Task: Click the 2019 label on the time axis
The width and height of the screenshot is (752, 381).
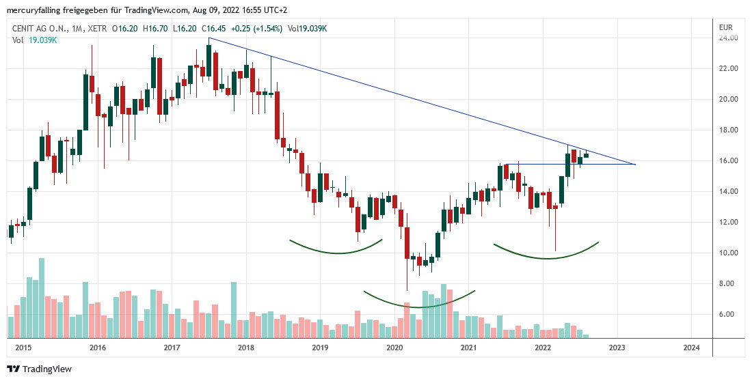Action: click(x=321, y=348)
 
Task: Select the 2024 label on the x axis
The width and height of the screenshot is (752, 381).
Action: click(x=691, y=348)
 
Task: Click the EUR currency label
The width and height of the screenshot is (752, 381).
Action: click(x=726, y=27)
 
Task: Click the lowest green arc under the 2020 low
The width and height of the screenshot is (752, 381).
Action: click(x=418, y=307)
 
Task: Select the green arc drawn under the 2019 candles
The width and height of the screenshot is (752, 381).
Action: click(x=338, y=253)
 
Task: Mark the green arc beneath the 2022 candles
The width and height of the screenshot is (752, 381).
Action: click(x=547, y=258)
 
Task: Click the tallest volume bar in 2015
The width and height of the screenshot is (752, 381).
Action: click(x=42, y=298)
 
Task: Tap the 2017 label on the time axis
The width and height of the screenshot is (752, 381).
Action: click(x=172, y=348)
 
